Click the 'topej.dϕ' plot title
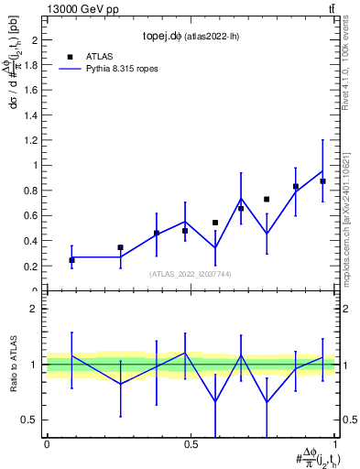tap(166, 38)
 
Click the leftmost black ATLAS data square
tap(71, 260)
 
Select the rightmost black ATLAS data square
tap(322, 181)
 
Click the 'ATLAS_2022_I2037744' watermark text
tap(191, 274)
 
